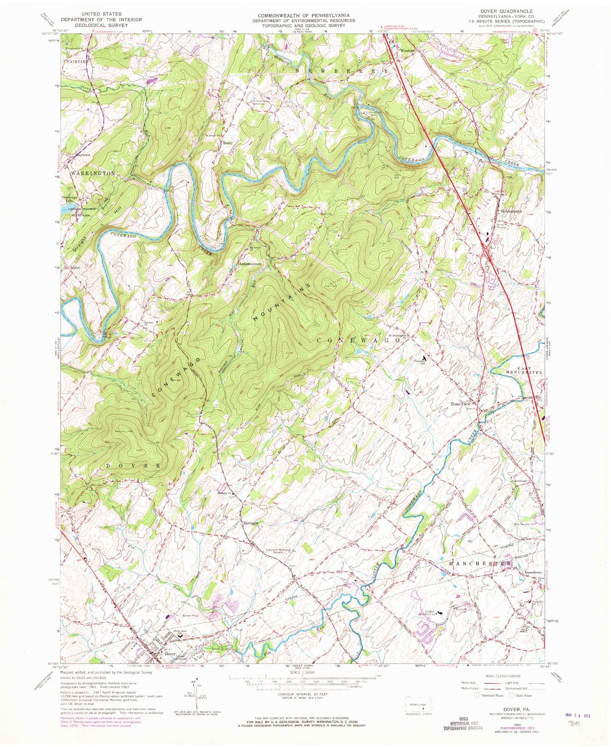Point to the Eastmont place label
[x=251, y=523]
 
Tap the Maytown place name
[x=83, y=155]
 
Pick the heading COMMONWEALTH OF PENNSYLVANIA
[x=304, y=15]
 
